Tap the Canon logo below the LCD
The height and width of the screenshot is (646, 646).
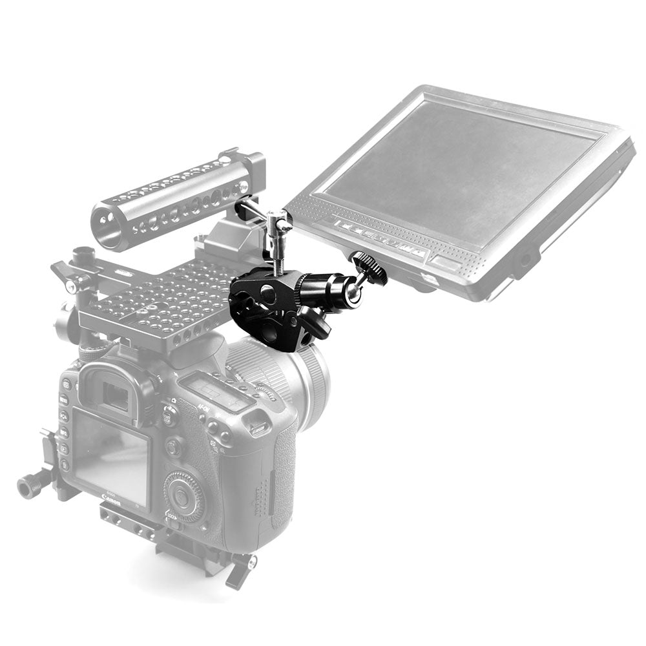coord(111,497)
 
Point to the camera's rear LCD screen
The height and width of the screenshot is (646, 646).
coord(111,457)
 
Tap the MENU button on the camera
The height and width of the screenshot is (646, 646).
coord(63,399)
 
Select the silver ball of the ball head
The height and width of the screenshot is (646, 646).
coord(352,295)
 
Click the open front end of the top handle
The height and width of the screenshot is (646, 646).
coord(106,226)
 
